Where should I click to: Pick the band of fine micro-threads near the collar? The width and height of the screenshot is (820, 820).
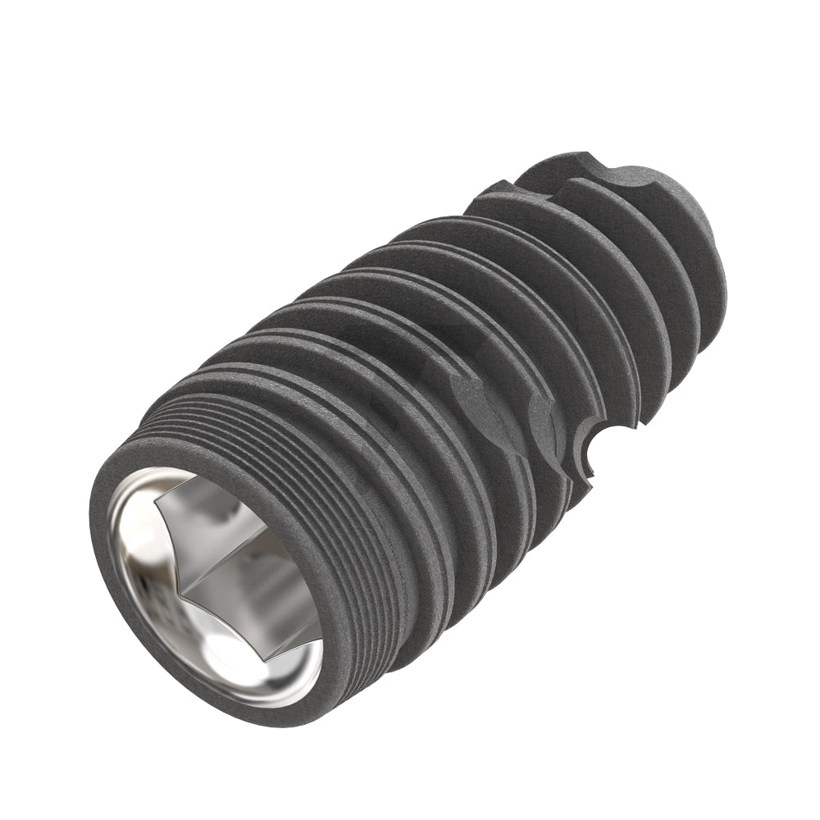[x=271, y=426]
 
